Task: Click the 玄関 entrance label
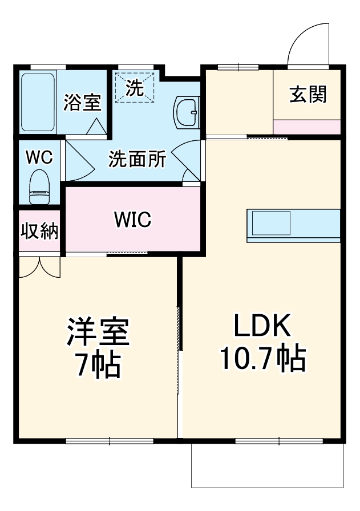(x=308, y=95)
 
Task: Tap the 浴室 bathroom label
(x=82, y=103)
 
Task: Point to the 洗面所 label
(x=137, y=160)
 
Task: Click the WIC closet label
(x=132, y=219)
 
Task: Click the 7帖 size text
(x=99, y=365)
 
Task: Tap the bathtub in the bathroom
(x=38, y=102)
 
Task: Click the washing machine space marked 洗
(x=135, y=87)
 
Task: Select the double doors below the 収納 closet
(x=39, y=267)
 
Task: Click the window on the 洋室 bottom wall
(x=110, y=440)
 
